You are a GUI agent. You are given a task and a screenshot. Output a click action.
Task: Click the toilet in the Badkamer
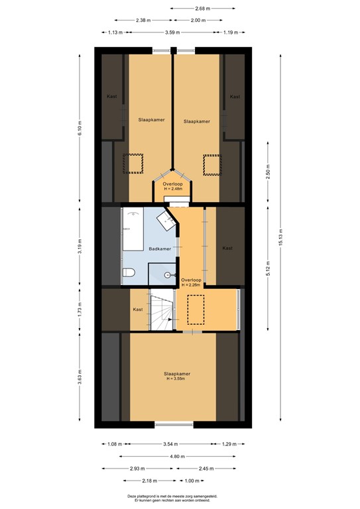(x=129, y=272)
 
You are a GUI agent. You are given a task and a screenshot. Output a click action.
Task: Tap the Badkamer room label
(x=160, y=249)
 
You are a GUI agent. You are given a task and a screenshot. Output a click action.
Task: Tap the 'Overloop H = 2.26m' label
(x=192, y=282)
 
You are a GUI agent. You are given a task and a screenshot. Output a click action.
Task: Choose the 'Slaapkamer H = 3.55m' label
(x=174, y=376)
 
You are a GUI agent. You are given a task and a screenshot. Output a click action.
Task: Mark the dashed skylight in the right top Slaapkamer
(x=212, y=163)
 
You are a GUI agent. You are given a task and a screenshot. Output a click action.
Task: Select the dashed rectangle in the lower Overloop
(x=197, y=310)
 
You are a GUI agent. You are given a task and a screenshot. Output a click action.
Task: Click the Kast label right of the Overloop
(x=227, y=248)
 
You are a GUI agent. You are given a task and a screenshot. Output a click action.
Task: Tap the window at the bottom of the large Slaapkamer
(x=174, y=424)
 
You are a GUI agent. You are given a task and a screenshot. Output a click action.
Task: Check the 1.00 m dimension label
(x=191, y=481)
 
